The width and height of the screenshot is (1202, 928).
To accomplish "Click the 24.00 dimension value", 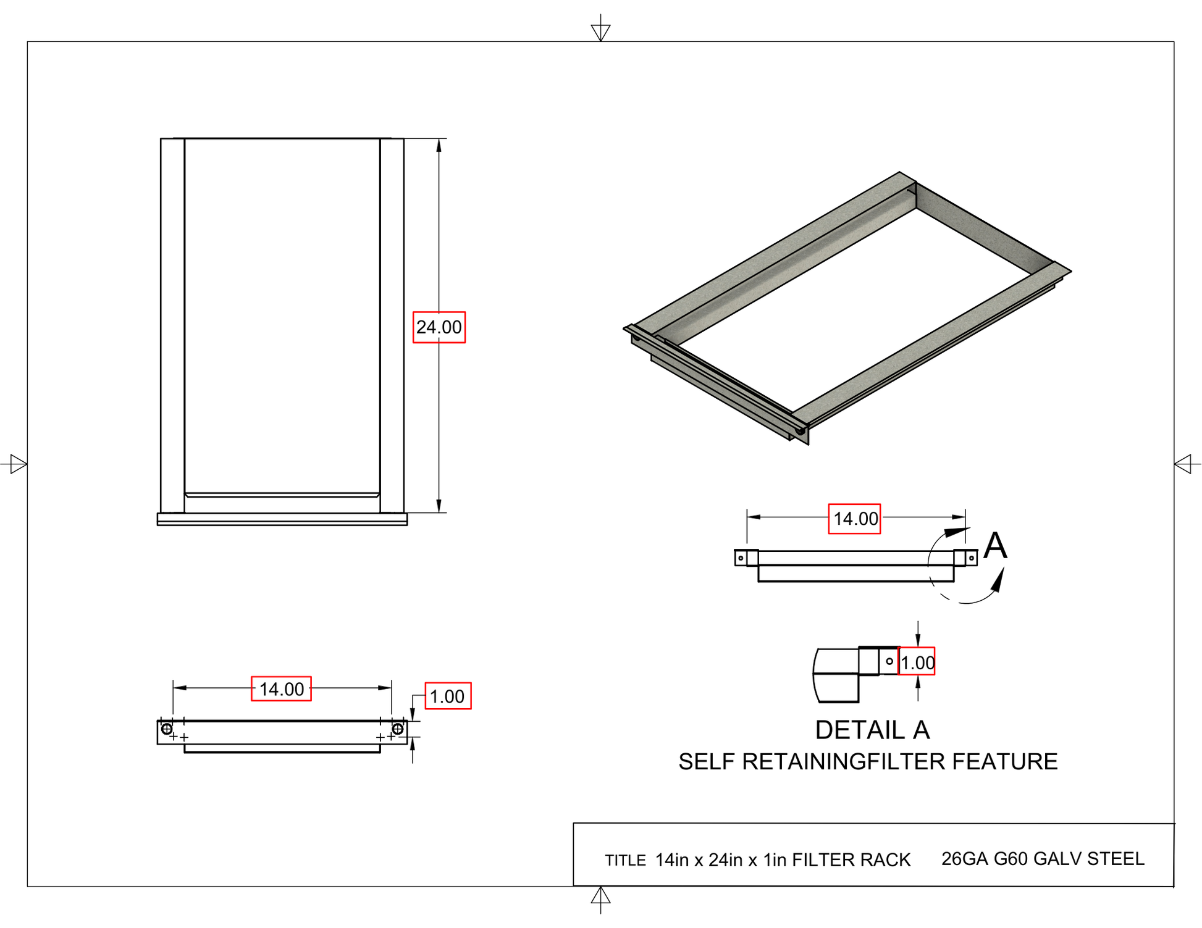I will click(x=439, y=327).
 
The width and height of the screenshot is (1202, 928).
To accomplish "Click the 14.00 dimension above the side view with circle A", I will click(x=855, y=519).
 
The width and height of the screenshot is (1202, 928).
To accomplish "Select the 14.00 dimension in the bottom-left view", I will click(x=281, y=689).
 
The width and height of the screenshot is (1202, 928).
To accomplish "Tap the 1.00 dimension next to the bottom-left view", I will click(x=448, y=696).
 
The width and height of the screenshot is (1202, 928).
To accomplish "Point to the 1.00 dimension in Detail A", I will click(x=917, y=663).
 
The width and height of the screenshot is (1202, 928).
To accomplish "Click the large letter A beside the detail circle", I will click(x=995, y=546).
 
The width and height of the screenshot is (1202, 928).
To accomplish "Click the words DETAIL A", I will click(x=872, y=730).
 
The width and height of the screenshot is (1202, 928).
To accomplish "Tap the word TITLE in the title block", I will click(x=625, y=861).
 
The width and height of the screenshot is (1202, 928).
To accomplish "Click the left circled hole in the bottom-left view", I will click(x=167, y=729).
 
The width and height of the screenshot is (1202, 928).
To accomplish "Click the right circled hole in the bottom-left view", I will click(x=398, y=729).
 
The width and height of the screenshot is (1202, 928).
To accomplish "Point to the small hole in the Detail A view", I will click(x=889, y=661).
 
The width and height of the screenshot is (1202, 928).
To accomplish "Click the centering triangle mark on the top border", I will click(x=600, y=31).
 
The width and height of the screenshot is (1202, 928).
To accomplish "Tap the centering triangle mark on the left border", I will click(x=18, y=464).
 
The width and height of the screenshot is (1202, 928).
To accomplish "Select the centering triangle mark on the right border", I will click(x=1183, y=464).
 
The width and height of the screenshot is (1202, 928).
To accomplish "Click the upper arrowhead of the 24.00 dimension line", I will click(x=439, y=145).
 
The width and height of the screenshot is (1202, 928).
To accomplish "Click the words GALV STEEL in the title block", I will click(x=1088, y=859).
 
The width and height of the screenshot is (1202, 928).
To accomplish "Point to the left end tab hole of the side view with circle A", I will click(x=741, y=558).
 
